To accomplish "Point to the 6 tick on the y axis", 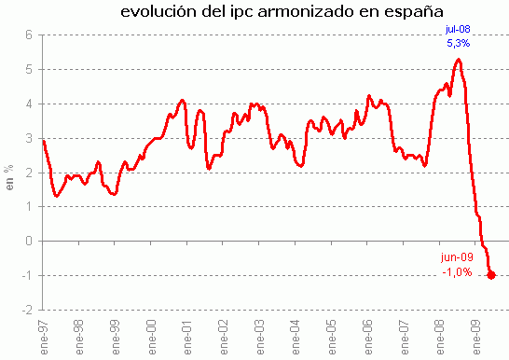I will click(x=28, y=35).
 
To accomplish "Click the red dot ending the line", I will click(x=491, y=275).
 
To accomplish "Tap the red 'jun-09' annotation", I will click(x=457, y=258).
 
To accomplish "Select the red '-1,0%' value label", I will click(x=457, y=272).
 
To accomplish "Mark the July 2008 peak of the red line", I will click(x=458, y=60).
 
